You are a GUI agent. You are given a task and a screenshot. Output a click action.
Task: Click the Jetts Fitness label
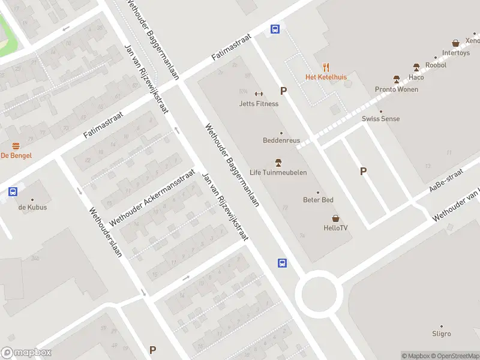259,104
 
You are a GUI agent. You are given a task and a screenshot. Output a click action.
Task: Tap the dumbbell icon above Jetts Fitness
259,93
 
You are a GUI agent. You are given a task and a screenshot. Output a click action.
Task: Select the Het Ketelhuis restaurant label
326,77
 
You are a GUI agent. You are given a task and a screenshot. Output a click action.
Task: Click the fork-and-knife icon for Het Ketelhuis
326,67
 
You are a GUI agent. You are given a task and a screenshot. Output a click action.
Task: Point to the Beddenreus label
281,140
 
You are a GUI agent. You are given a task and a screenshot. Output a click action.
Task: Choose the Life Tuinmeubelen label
278,173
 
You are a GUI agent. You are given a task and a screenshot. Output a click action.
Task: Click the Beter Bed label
319,200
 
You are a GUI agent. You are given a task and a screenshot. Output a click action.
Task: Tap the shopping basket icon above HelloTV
336,218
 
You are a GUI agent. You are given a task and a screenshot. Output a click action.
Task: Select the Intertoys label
456,53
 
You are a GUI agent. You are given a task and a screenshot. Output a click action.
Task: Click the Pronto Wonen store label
397,89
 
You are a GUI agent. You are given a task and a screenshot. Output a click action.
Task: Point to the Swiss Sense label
380,119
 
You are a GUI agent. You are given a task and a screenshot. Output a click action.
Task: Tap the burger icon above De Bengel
16,146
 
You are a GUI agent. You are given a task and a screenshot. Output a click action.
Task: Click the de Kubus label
32,208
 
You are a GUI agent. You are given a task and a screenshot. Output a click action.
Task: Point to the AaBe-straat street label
446,180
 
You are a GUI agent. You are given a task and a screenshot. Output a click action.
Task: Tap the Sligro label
441,334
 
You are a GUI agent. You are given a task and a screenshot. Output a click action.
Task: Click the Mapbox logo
26,353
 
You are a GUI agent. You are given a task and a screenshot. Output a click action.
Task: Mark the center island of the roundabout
319,293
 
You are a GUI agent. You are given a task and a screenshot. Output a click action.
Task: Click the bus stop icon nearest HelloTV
282,263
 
